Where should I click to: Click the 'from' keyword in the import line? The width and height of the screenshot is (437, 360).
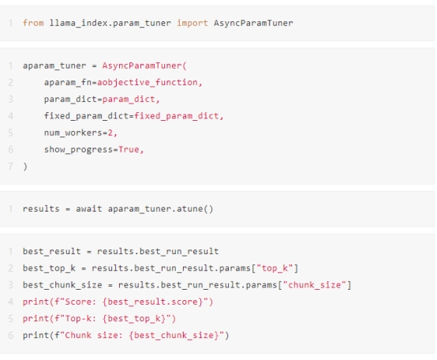point(33,23)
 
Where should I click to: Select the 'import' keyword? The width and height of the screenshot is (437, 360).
point(192,23)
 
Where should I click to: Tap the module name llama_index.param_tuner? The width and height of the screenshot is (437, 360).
point(110,23)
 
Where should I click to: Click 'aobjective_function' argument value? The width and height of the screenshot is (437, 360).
point(148,83)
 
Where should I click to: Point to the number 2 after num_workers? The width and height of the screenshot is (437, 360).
point(110,133)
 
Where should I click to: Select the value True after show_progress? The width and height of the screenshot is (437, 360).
point(129,149)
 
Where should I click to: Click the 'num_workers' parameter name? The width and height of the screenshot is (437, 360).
point(73,133)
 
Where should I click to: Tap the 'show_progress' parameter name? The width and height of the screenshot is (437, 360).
point(79,150)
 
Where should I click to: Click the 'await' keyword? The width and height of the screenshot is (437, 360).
point(89,209)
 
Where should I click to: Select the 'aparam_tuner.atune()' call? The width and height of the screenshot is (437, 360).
point(161,209)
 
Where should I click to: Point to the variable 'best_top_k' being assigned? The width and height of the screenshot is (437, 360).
point(49,268)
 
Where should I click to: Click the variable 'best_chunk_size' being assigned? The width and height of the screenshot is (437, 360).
point(62,285)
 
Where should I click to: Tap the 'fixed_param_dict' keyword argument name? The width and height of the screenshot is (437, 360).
point(87,116)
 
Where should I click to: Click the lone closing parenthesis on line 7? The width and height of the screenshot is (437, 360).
point(25,167)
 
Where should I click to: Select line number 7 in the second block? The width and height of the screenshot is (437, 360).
point(10,167)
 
